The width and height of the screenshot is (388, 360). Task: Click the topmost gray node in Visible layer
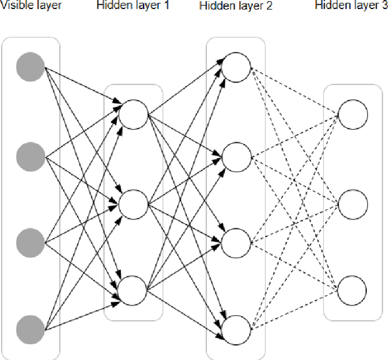[x=30, y=66]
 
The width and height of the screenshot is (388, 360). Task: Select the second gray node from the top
[x=30, y=157]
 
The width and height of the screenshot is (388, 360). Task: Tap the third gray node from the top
[x=30, y=242]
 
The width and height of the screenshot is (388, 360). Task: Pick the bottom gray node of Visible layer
[x=30, y=329]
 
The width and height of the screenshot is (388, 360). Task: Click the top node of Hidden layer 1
[x=133, y=114]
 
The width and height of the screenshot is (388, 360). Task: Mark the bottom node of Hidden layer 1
[x=133, y=290]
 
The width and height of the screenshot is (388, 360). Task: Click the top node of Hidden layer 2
[x=236, y=66]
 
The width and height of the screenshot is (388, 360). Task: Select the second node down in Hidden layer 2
[x=236, y=157]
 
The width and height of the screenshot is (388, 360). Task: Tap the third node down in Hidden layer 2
[x=236, y=242]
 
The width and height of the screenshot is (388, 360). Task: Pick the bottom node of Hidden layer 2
[x=236, y=329]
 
